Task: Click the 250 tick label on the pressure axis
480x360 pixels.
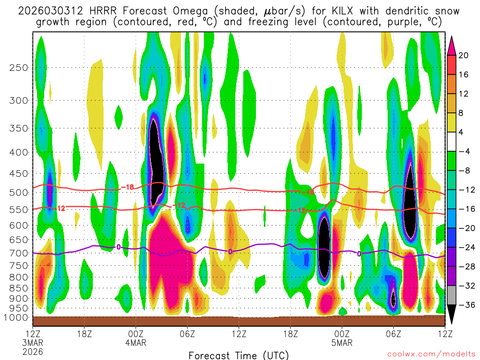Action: coord(19,67)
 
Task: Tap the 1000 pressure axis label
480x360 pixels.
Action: coord(16,317)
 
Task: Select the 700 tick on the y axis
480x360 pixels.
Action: coord(19,253)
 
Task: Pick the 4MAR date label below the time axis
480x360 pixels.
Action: coord(136,343)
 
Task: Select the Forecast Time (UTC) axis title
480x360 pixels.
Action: coord(239,355)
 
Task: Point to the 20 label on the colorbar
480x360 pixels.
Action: coord(464,55)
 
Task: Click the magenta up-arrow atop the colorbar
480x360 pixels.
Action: coord(451,45)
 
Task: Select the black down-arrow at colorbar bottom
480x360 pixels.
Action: coord(451,315)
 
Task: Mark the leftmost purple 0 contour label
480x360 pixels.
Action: coord(118,247)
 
